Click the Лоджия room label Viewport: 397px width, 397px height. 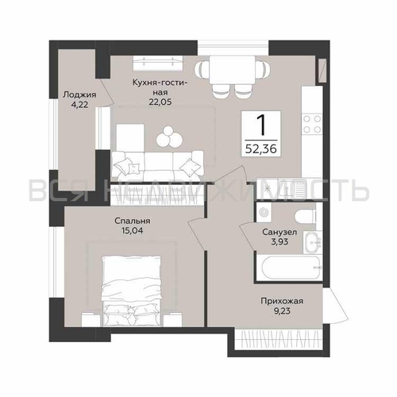79,94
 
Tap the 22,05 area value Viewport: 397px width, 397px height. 160,102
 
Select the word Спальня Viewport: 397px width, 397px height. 133,221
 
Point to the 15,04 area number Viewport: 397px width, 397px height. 133,230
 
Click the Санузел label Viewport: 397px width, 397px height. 279,232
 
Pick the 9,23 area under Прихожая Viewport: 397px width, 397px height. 282,311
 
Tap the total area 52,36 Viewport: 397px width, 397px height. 261,149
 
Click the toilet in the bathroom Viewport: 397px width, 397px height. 306,216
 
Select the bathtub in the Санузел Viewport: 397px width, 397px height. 291,267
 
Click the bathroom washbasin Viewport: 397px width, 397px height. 312,242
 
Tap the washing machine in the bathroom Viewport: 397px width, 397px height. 264,212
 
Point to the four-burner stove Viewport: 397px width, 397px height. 312,124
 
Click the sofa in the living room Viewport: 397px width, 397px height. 157,164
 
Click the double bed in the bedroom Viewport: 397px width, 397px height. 132,291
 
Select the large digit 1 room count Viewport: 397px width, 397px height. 262,125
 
